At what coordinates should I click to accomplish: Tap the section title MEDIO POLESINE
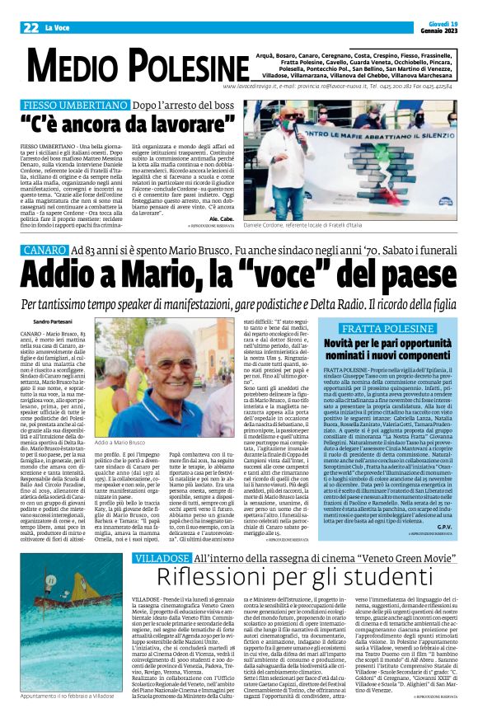click(x=124, y=61)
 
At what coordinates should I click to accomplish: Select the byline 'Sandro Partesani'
click(x=54, y=321)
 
